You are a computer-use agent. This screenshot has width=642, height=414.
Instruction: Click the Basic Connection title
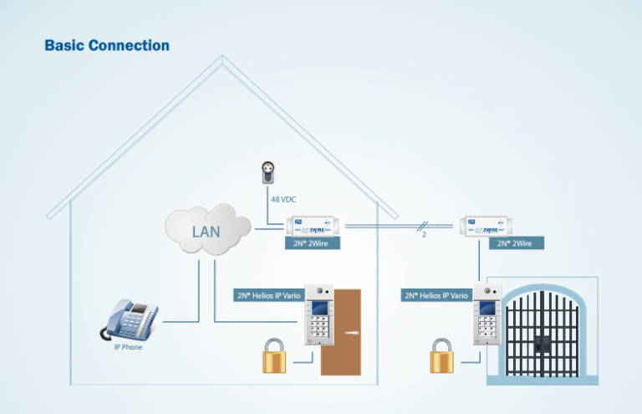(x=107, y=45)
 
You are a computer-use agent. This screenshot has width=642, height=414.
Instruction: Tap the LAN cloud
(x=207, y=229)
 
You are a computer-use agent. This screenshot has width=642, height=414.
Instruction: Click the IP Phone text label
(x=128, y=346)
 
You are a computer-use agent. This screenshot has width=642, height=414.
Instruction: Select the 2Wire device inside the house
(x=310, y=226)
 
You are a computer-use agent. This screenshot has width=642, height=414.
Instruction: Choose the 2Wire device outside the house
(x=484, y=226)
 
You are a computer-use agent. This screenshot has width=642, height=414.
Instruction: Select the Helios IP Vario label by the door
(x=267, y=295)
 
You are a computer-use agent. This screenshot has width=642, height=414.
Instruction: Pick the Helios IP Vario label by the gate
(x=436, y=295)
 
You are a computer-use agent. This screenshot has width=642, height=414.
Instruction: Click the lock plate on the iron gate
(x=543, y=343)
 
